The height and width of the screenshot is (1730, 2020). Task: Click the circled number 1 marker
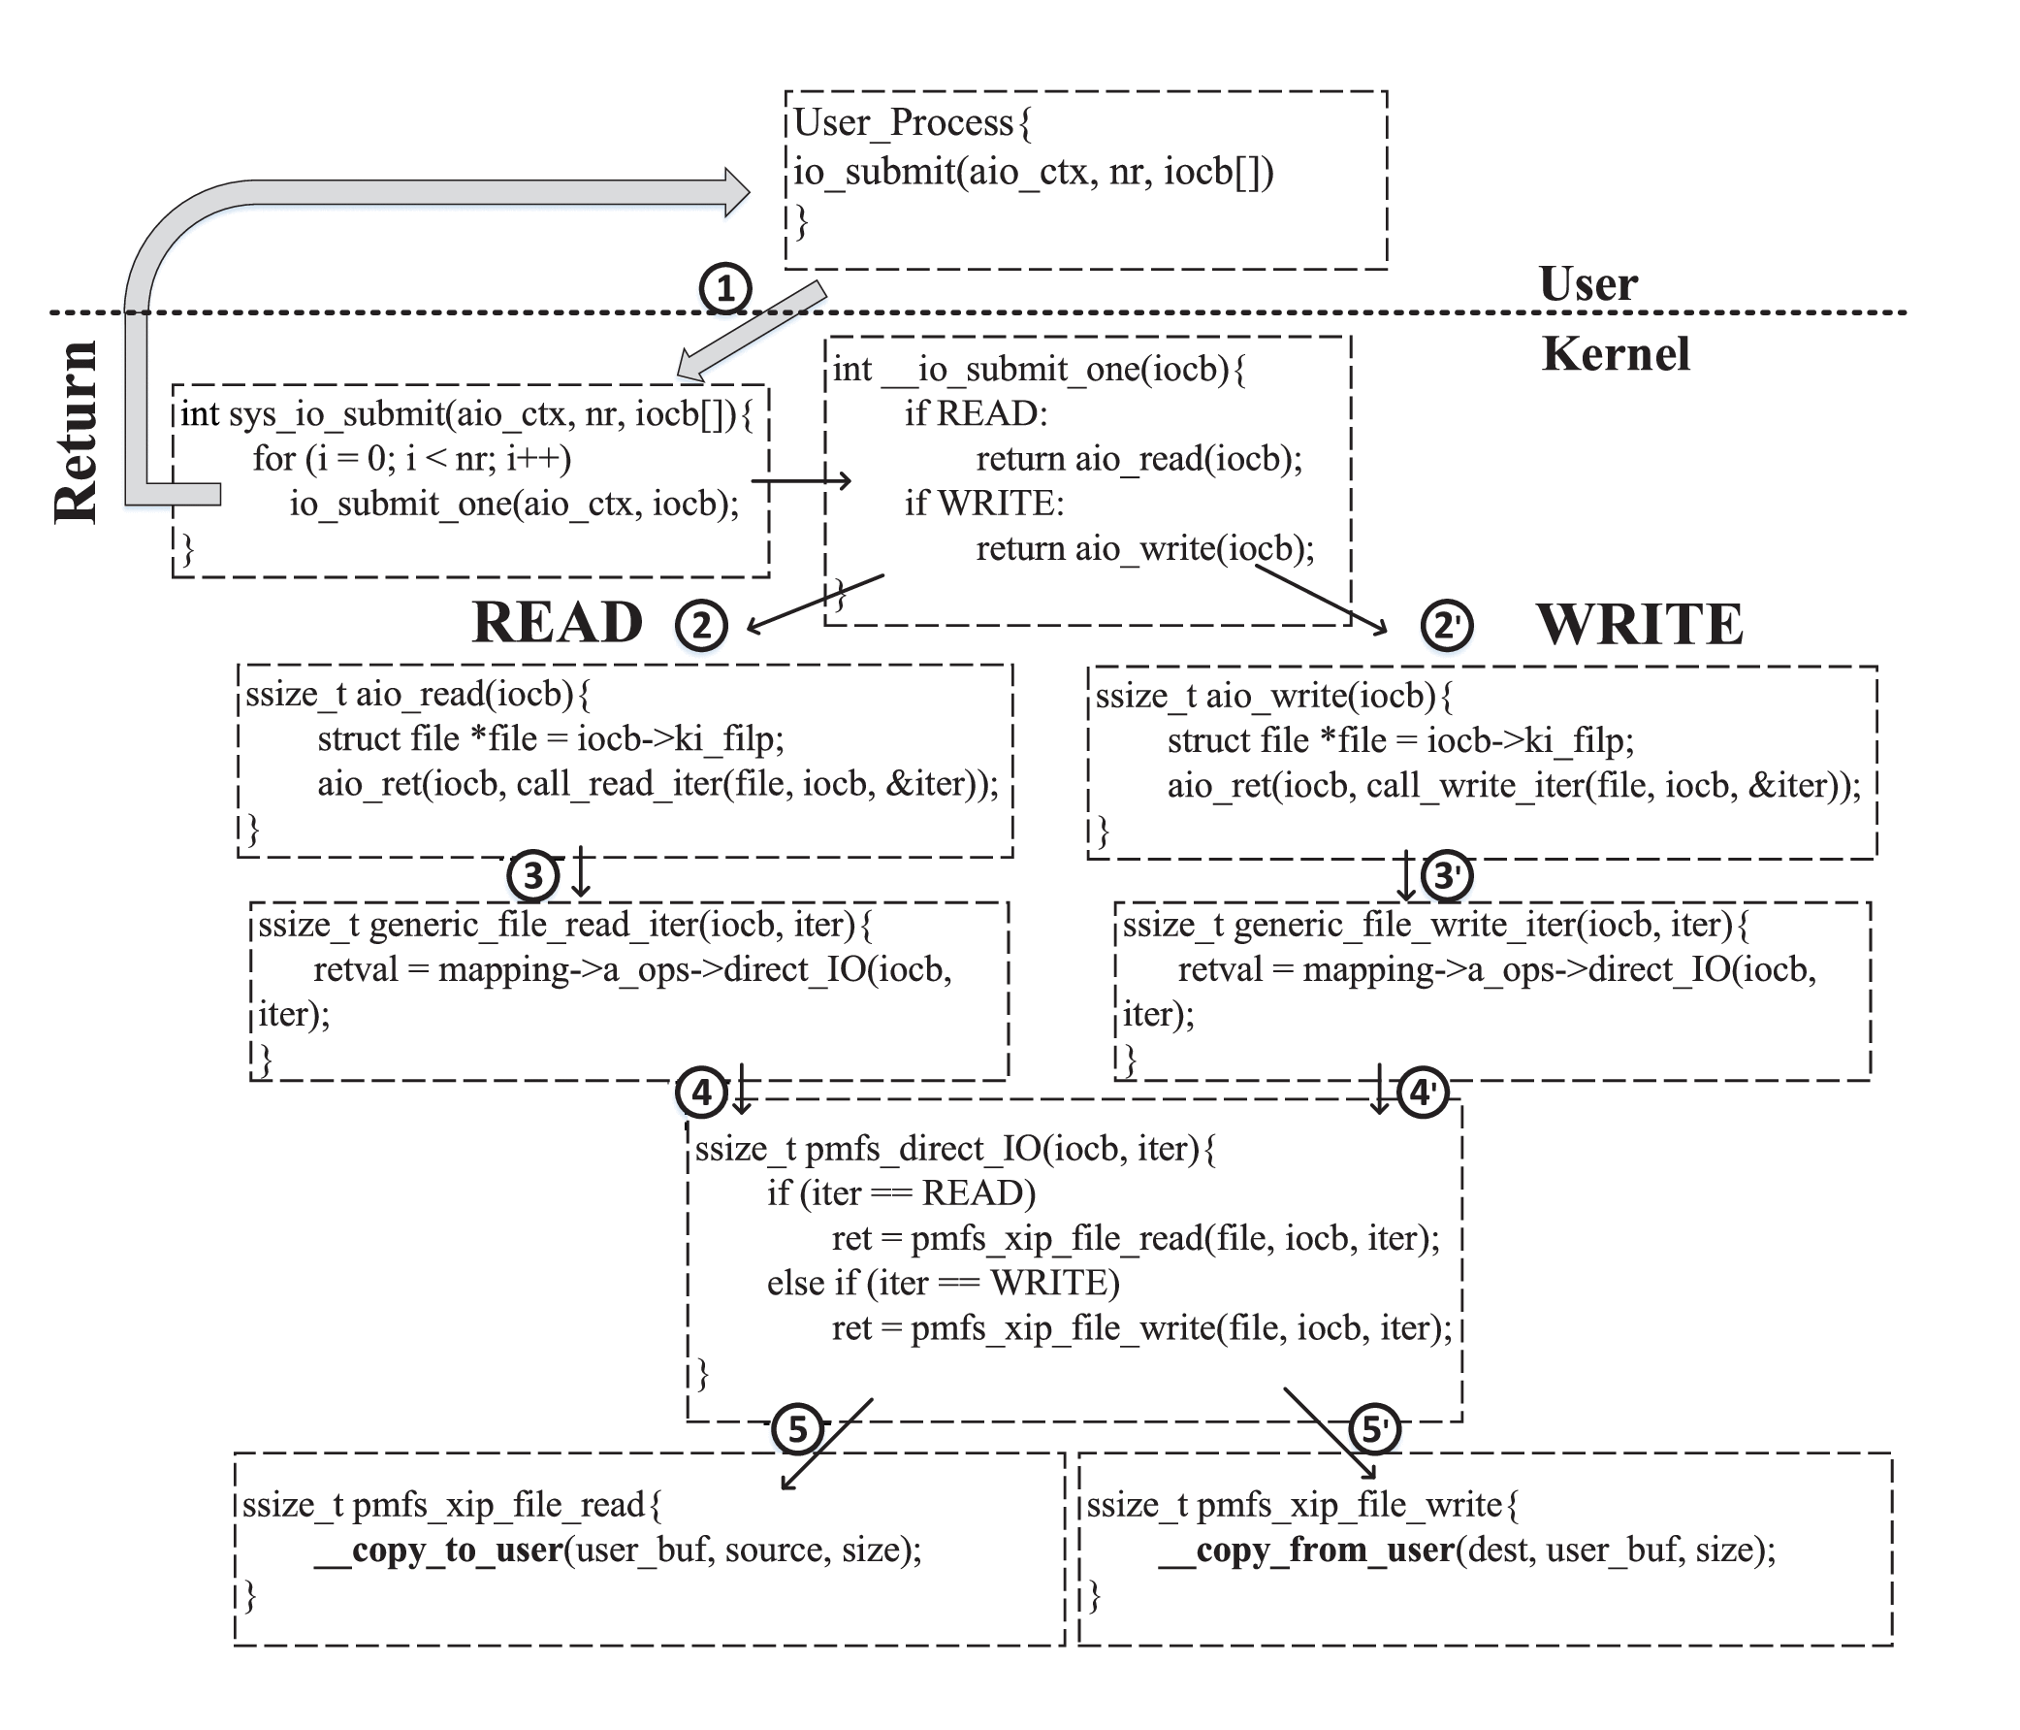click(x=724, y=289)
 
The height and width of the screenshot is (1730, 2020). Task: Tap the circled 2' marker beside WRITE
click(x=1446, y=624)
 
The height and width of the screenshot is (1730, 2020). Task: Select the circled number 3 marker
click(x=532, y=875)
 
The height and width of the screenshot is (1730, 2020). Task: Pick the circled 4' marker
click(x=1423, y=1093)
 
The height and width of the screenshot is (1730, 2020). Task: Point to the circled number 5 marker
click(x=797, y=1428)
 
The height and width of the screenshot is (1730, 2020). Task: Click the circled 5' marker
click(x=1373, y=1428)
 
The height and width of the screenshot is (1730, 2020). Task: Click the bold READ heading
click(x=558, y=622)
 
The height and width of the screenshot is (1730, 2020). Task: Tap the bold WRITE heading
click(x=1640, y=624)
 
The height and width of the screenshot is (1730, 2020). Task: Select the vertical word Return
click(x=76, y=432)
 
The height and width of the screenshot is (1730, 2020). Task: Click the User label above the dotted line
click(x=1588, y=283)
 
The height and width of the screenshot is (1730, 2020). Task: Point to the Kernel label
click(x=1616, y=354)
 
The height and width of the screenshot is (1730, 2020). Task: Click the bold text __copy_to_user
click(x=438, y=1550)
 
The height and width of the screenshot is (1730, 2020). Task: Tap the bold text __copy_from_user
click(x=1306, y=1550)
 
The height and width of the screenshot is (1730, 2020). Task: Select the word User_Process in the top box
click(x=904, y=123)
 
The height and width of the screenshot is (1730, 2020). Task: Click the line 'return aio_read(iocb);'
click(x=1138, y=458)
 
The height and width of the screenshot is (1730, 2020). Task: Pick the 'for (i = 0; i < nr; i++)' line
click(x=411, y=457)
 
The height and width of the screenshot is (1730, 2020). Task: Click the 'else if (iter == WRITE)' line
click(x=943, y=1283)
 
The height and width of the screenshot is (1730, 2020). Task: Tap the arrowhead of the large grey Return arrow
click(x=736, y=191)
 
